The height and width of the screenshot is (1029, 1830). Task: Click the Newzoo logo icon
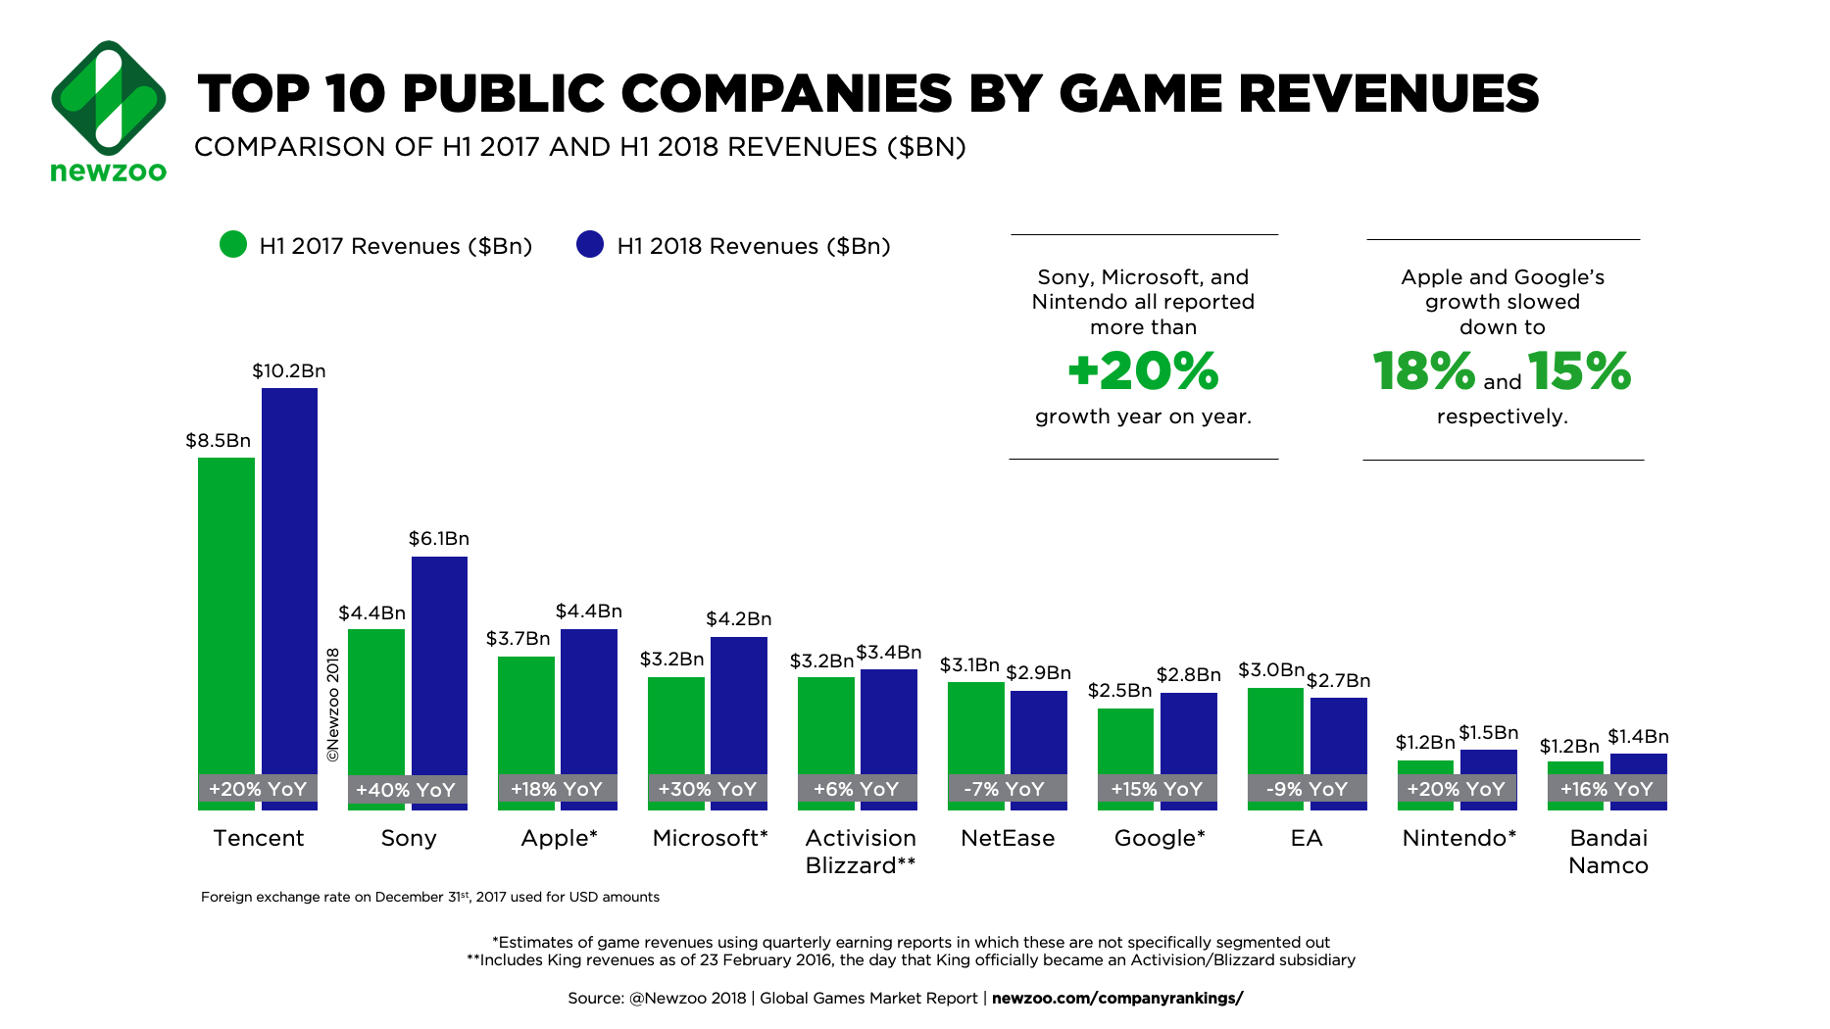108,98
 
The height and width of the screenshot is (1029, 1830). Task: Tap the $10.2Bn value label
289,371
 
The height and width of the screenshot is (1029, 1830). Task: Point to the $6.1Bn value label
439,539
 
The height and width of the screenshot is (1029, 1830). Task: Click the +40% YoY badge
406,790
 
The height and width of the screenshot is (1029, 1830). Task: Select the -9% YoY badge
1307,789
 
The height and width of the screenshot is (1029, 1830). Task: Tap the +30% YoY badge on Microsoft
707,789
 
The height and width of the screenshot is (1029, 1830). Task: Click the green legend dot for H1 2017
233,245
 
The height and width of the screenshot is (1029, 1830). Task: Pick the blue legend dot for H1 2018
590,245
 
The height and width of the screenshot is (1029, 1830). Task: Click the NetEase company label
1008,838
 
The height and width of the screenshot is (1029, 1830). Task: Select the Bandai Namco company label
1608,852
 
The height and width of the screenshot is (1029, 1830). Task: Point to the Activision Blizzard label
861,852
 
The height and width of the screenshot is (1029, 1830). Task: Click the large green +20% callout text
1143,371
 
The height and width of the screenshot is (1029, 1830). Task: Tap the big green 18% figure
1423,371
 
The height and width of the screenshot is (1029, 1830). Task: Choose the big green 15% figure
1579,371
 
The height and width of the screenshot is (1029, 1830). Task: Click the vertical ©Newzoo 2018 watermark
333,705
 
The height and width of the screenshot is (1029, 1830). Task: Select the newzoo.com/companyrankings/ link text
1117,999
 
